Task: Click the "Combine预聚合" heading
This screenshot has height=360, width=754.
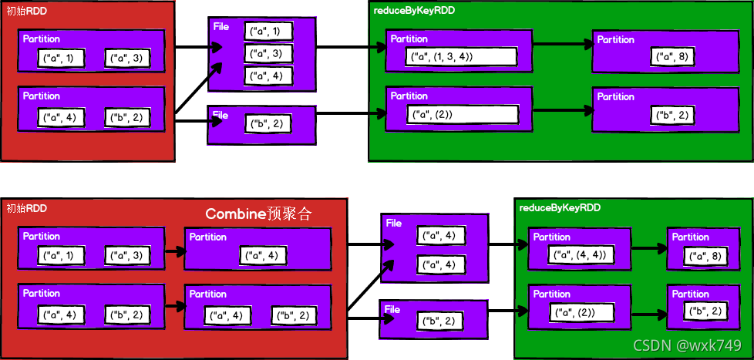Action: coord(258,214)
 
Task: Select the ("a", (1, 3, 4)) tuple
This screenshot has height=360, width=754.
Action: coord(461,56)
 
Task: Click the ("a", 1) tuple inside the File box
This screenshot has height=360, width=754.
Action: coord(268,32)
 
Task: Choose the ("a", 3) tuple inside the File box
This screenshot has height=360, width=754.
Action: coord(268,53)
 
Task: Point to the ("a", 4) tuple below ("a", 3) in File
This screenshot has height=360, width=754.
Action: coord(268,76)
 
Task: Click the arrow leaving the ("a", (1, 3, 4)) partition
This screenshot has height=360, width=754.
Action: coord(562,44)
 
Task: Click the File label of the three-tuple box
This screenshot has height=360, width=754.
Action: coord(221,26)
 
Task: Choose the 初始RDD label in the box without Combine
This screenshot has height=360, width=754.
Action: coord(22,12)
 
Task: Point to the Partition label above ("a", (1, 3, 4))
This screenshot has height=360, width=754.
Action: coord(409,39)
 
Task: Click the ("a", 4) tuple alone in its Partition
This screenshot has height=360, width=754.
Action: coord(264,256)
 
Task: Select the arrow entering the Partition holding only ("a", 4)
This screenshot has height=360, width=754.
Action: coord(175,251)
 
